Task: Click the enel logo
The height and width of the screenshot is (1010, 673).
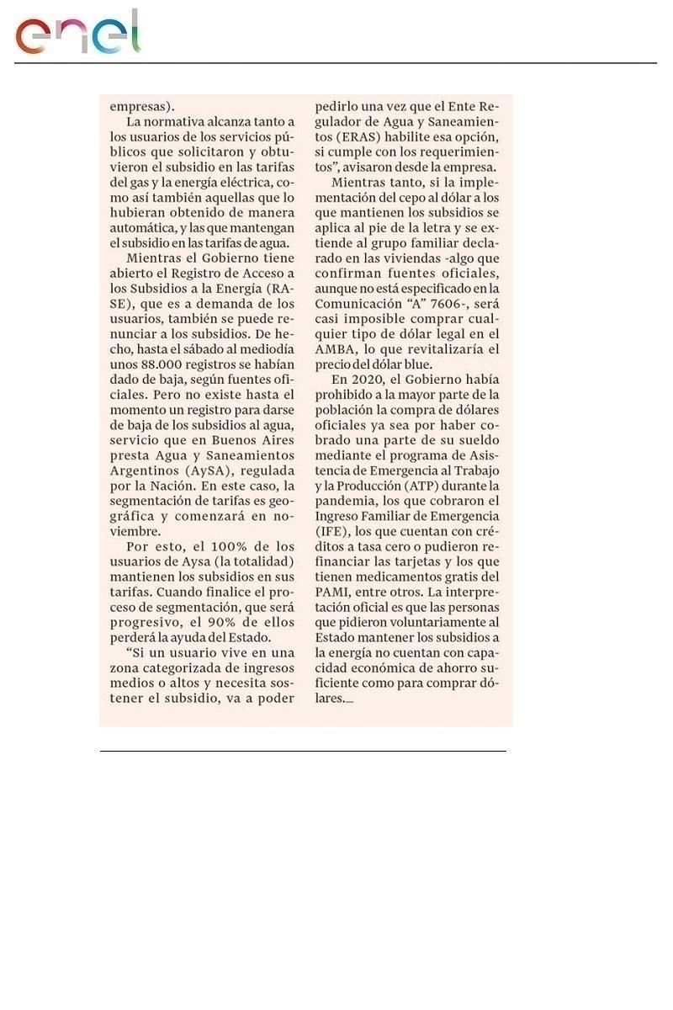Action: [x=77, y=34]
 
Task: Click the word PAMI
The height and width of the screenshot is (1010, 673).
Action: [x=333, y=592]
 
